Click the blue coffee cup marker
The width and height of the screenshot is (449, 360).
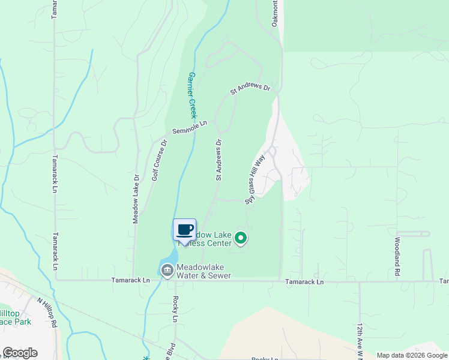click(184, 229)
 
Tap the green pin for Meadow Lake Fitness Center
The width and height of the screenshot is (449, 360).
click(241, 239)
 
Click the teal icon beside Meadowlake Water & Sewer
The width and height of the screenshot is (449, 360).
click(166, 270)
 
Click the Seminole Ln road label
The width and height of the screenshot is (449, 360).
click(189, 127)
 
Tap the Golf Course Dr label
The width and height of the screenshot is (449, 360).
click(159, 160)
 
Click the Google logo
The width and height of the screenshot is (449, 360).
click(20, 353)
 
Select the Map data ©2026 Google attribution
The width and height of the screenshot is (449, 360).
click(412, 355)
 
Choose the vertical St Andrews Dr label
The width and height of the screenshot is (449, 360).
click(219, 160)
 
